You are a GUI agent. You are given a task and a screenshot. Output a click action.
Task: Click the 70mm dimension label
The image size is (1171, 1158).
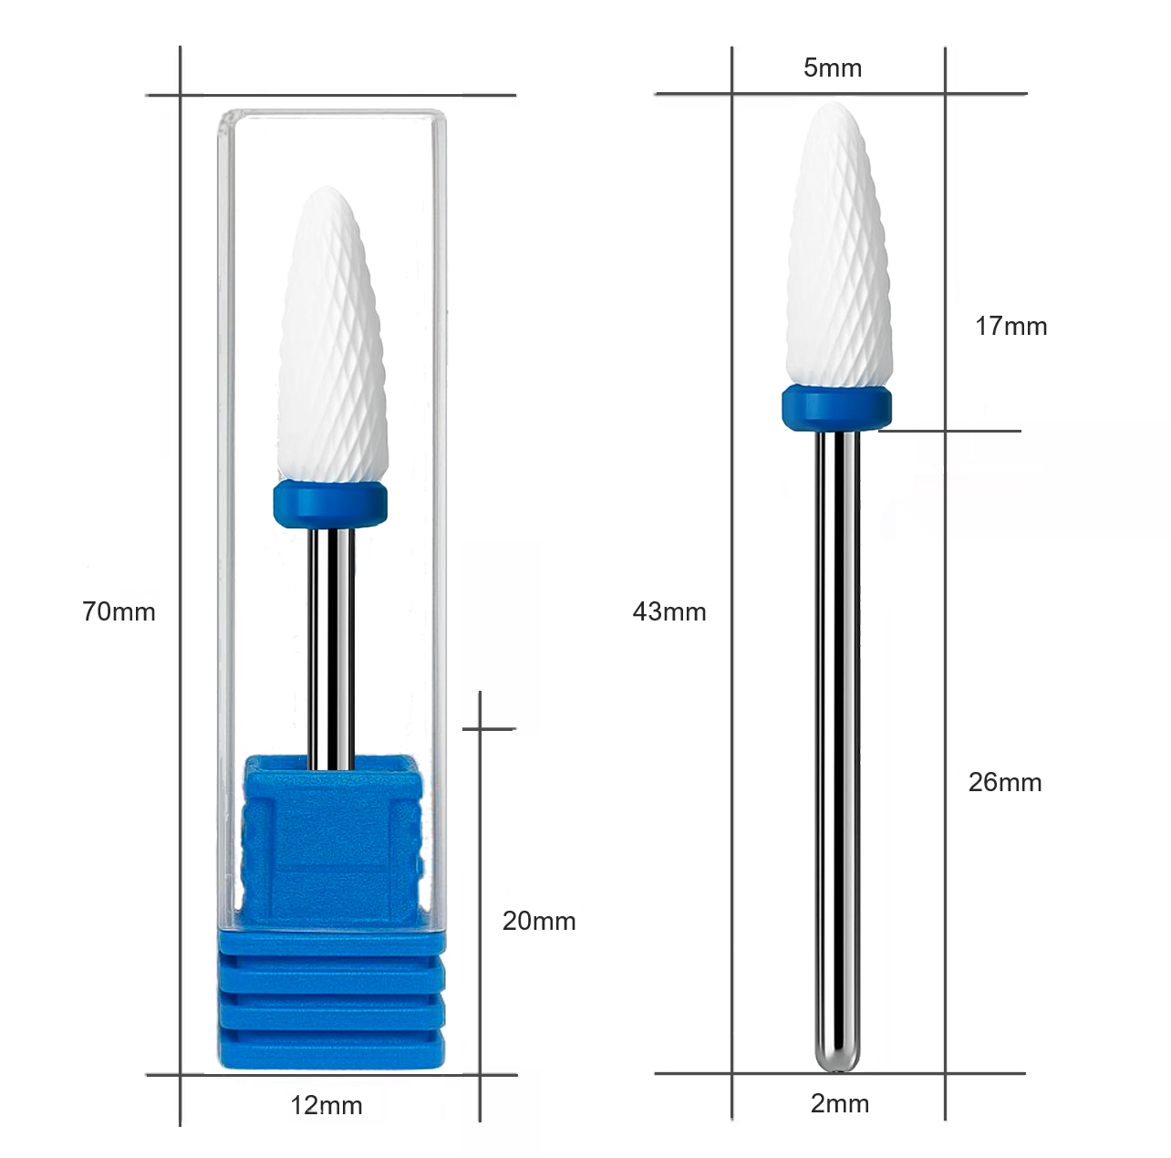click(119, 611)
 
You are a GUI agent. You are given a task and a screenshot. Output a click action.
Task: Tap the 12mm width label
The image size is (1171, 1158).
click(326, 1105)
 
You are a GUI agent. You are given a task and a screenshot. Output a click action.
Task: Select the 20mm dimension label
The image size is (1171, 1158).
click(539, 921)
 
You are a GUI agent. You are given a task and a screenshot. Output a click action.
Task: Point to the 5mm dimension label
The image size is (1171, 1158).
click(833, 68)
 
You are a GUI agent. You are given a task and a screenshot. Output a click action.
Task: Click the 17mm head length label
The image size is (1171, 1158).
click(1011, 326)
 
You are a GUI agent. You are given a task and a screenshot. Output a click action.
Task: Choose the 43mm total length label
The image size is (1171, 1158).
click(669, 611)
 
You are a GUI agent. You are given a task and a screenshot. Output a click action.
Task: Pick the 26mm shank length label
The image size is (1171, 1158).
click(1005, 782)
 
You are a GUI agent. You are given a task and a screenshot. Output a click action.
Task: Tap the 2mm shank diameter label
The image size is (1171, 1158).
click(840, 1103)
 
